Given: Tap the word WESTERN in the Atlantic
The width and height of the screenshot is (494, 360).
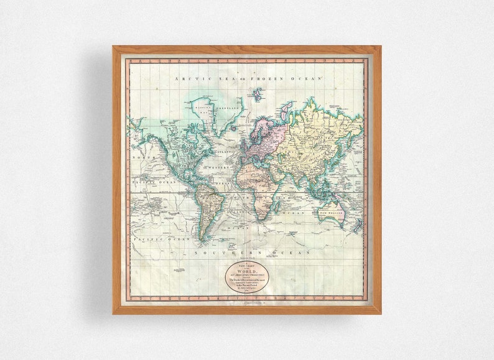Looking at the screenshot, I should (219, 167).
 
